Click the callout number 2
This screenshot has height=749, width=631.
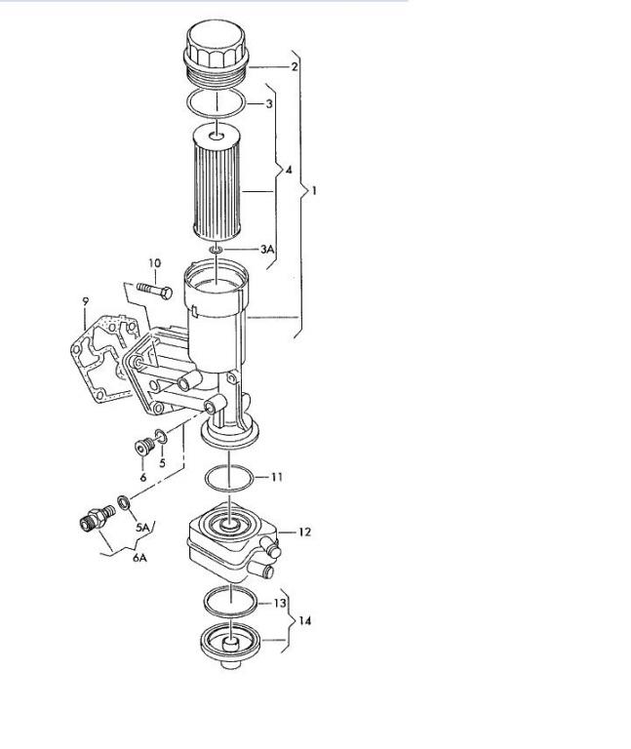pos(295,66)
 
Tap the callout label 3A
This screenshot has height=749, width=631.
pos(267,249)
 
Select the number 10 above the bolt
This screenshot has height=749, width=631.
pos(154,262)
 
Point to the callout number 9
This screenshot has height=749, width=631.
pos(85,301)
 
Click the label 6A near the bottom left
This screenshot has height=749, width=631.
pos(139,557)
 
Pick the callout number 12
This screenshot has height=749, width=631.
pos(304,532)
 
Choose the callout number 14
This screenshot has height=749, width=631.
pos(304,620)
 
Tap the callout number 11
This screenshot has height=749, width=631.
pos(277,477)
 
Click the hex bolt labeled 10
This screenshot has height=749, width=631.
pos(154,290)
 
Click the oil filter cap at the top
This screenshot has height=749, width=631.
pos(216,53)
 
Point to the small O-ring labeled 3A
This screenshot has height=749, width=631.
pos(216,250)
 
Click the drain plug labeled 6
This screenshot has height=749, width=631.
pos(143,448)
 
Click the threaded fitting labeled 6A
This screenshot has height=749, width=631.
pos(96,517)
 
